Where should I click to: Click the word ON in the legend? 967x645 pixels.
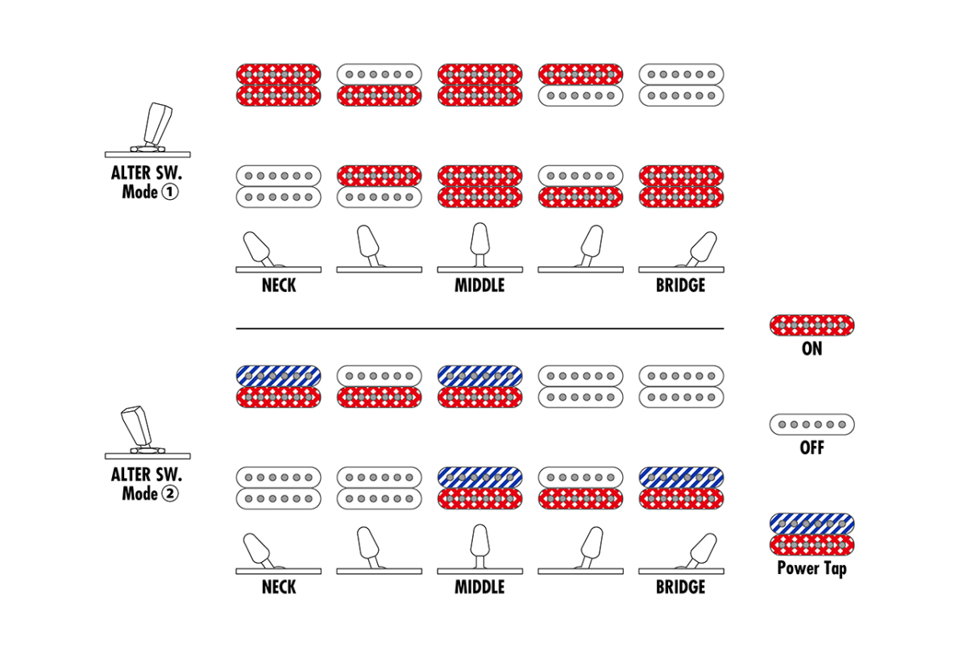(811, 349)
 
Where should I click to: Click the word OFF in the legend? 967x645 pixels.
(811, 447)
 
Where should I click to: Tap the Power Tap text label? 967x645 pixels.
(811, 568)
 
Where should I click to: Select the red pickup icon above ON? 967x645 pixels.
(811, 326)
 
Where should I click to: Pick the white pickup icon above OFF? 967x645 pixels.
(811, 424)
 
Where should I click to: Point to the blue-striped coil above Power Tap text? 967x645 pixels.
(811, 523)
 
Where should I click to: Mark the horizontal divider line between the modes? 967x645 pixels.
(479, 329)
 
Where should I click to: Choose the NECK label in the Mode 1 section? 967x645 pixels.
(278, 285)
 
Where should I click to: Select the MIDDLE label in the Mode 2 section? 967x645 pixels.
(479, 587)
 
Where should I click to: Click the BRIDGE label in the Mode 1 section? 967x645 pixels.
(680, 285)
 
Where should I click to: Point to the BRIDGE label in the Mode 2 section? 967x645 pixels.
(680, 587)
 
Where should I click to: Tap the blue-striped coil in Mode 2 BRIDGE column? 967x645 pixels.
(681, 477)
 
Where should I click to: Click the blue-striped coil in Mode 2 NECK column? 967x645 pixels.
(278, 376)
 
